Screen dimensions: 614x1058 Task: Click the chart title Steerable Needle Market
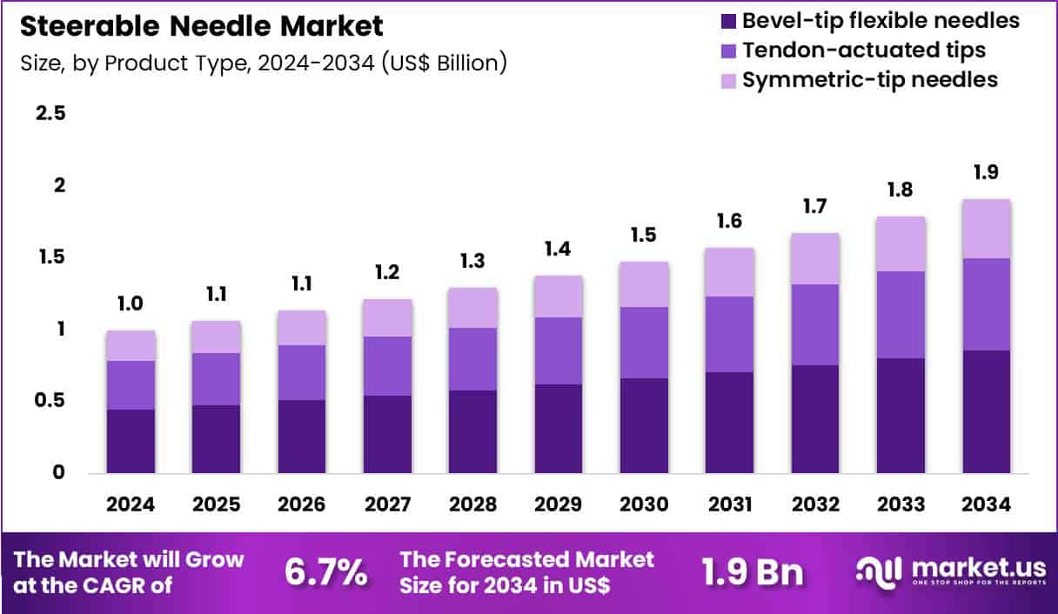(x=201, y=26)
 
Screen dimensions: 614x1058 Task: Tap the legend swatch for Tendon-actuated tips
(x=727, y=50)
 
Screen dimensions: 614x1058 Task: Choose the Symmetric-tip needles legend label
(x=870, y=80)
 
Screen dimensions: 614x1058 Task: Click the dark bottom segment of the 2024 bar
(x=131, y=441)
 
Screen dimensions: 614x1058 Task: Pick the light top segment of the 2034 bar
(x=987, y=229)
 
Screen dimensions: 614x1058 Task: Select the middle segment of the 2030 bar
(x=644, y=343)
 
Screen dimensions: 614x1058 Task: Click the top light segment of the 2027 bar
(x=387, y=317)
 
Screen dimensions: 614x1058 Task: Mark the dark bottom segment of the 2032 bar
(x=815, y=419)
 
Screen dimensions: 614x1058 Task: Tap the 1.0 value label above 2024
(x=131, y=304)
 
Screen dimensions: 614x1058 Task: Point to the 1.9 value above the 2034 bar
(x=987, y=172)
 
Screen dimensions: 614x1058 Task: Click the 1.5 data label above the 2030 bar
(x=644, y=235)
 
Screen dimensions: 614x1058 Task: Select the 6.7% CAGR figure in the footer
(x=326, y=572)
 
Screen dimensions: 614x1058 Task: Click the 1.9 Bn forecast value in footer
(x=753, y=572)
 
